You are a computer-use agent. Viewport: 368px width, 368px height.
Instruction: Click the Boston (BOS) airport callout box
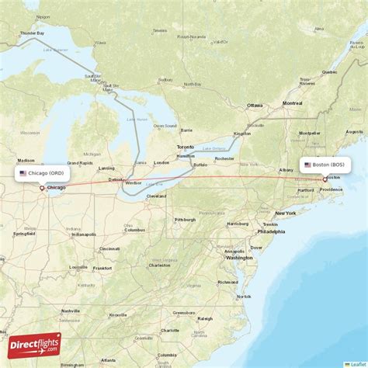pos(325,165)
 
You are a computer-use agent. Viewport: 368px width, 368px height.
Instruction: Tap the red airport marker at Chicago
pos(42,188)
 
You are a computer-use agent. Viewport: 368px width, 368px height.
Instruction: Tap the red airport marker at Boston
pos(325,179)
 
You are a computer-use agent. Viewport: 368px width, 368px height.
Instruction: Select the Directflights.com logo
pos(34,345)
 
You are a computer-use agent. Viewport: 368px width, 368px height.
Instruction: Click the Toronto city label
pos(186,147)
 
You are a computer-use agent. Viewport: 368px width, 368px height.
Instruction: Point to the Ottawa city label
pos(255,104)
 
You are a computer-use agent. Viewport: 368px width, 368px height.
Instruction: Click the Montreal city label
pos(292,103)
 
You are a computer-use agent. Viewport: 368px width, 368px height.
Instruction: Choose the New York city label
pos(285,213)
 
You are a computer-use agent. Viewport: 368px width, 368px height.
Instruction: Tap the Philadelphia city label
pos(271,231)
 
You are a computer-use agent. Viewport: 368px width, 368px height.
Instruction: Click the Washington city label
pos(239,258)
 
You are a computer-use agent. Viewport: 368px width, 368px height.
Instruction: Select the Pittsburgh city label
pos(185,220)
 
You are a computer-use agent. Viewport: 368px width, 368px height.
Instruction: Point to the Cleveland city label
pos(157,196)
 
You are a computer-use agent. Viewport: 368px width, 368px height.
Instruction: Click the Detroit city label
pos(116,179)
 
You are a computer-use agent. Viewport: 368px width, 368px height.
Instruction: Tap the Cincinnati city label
pos(109,248)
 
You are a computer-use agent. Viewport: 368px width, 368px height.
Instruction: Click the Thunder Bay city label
pos(32,33)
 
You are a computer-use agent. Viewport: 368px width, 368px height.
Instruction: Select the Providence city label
pos(331,189)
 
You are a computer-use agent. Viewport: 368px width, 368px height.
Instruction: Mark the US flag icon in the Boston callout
pos(307,165)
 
